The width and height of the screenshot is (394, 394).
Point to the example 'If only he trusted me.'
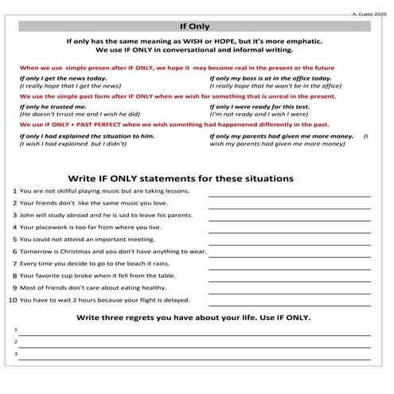pyautogui.click(x=53, y=106)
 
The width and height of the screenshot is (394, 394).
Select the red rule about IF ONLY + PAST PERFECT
pyautogui.click(x=174, y=125)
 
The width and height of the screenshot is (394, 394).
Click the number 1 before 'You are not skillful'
pyautogui.click(x=15, y=192)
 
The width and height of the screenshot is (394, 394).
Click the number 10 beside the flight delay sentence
pyautogui.click(x=12, y=300)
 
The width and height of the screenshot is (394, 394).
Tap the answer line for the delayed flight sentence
pyautogui.click(x=289, y=304)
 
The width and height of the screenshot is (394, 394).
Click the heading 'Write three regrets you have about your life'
pyautogui.click(x=194, y=318)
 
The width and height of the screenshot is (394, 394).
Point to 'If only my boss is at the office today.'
pyautogui.click(x=270, y=78)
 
